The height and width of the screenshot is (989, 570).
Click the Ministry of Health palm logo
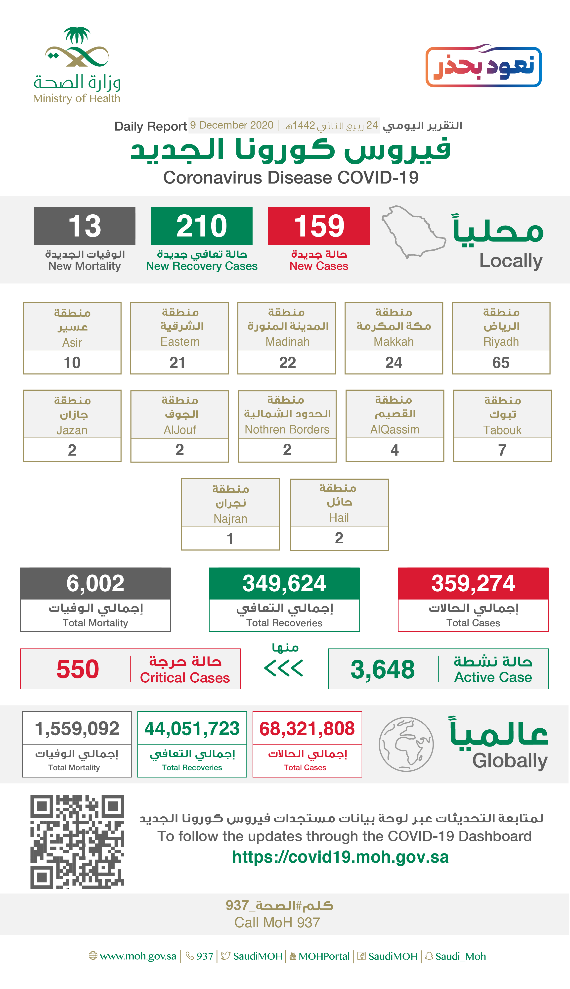point(77,47)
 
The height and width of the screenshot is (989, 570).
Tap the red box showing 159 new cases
point(319,226)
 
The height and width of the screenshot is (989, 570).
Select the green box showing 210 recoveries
point(202,226)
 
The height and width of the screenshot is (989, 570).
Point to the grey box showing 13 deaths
point(85,226)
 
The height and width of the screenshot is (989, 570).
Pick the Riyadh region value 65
point(501,363)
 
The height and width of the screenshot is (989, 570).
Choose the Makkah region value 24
point(394,363)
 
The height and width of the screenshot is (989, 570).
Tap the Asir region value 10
point(72,363)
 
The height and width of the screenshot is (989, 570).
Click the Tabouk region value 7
point(502,450)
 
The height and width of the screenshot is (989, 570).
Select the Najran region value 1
point(230,539)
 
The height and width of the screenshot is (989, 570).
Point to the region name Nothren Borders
point(287,429)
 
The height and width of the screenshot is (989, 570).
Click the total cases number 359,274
point(473,583)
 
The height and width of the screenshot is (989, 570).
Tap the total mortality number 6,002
point(95,583)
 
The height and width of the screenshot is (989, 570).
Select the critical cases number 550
point(78,669)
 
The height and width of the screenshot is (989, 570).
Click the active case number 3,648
point(383,669)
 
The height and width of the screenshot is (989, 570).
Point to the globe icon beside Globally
point(406,744)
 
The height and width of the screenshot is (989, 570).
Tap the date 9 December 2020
point(232,125)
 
